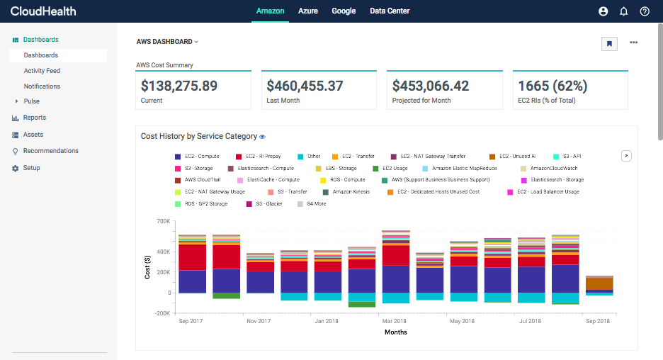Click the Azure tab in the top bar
click(x=307, y=11)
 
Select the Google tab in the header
click(x=344, y=11)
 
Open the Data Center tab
click(x=390, y=11)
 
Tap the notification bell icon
click(x=624, y=11)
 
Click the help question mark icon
click(x=645, y=11)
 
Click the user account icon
click(x=603, y=11)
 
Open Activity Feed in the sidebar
click(x=42, y=71)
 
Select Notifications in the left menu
click(x=42, y=86)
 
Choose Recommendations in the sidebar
click(x=50, y=151)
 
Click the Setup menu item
click(x=31, y=168)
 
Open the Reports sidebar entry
click(x=34, y=118)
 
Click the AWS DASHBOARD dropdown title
click(x=167, y=42)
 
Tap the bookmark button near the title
click(x=608, y=43)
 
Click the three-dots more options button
click(x=633, y=43)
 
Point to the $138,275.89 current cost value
click(x=179, y=86)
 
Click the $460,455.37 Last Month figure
click(x=305, y=86)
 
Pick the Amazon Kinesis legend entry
click(x=351, y=192)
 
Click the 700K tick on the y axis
click(x=162, y=221)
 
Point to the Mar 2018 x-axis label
click(x=395, y=321)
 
